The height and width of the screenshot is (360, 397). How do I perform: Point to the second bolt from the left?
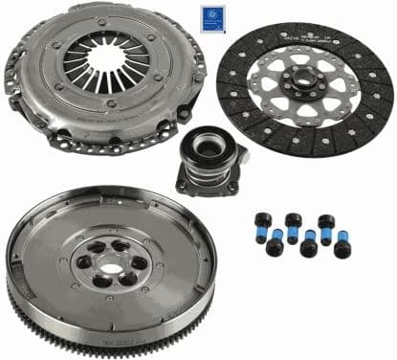click(275, 245)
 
